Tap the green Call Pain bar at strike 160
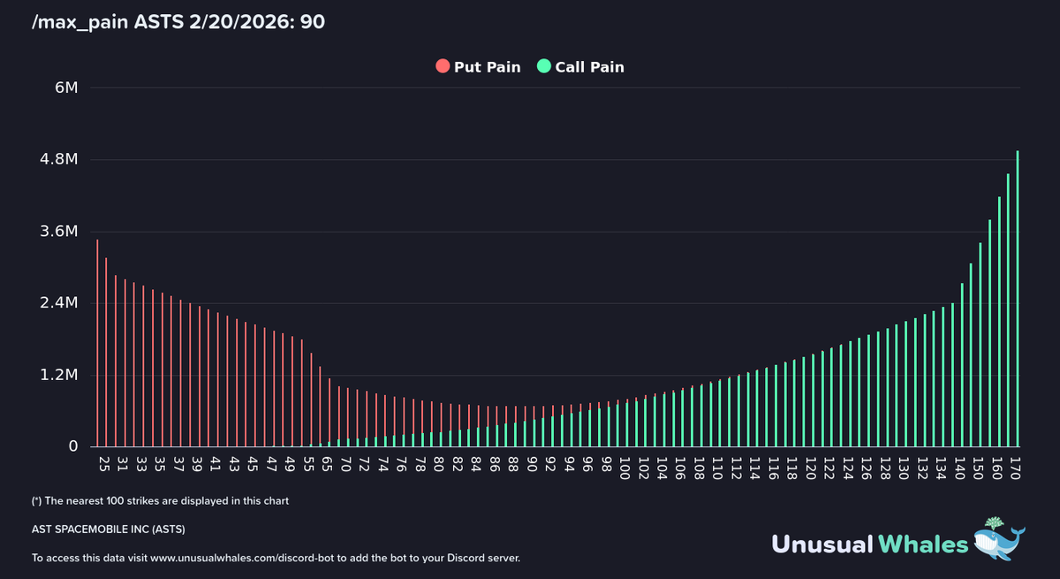coord(999,322)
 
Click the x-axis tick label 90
coord(532,465)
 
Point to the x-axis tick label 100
coord(625,467)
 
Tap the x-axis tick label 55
coord(308,465)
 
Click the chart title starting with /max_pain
coord(178,21)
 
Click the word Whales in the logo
coord(922,544)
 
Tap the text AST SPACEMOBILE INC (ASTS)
coord(109,529)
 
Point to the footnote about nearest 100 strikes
coord(160,501)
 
